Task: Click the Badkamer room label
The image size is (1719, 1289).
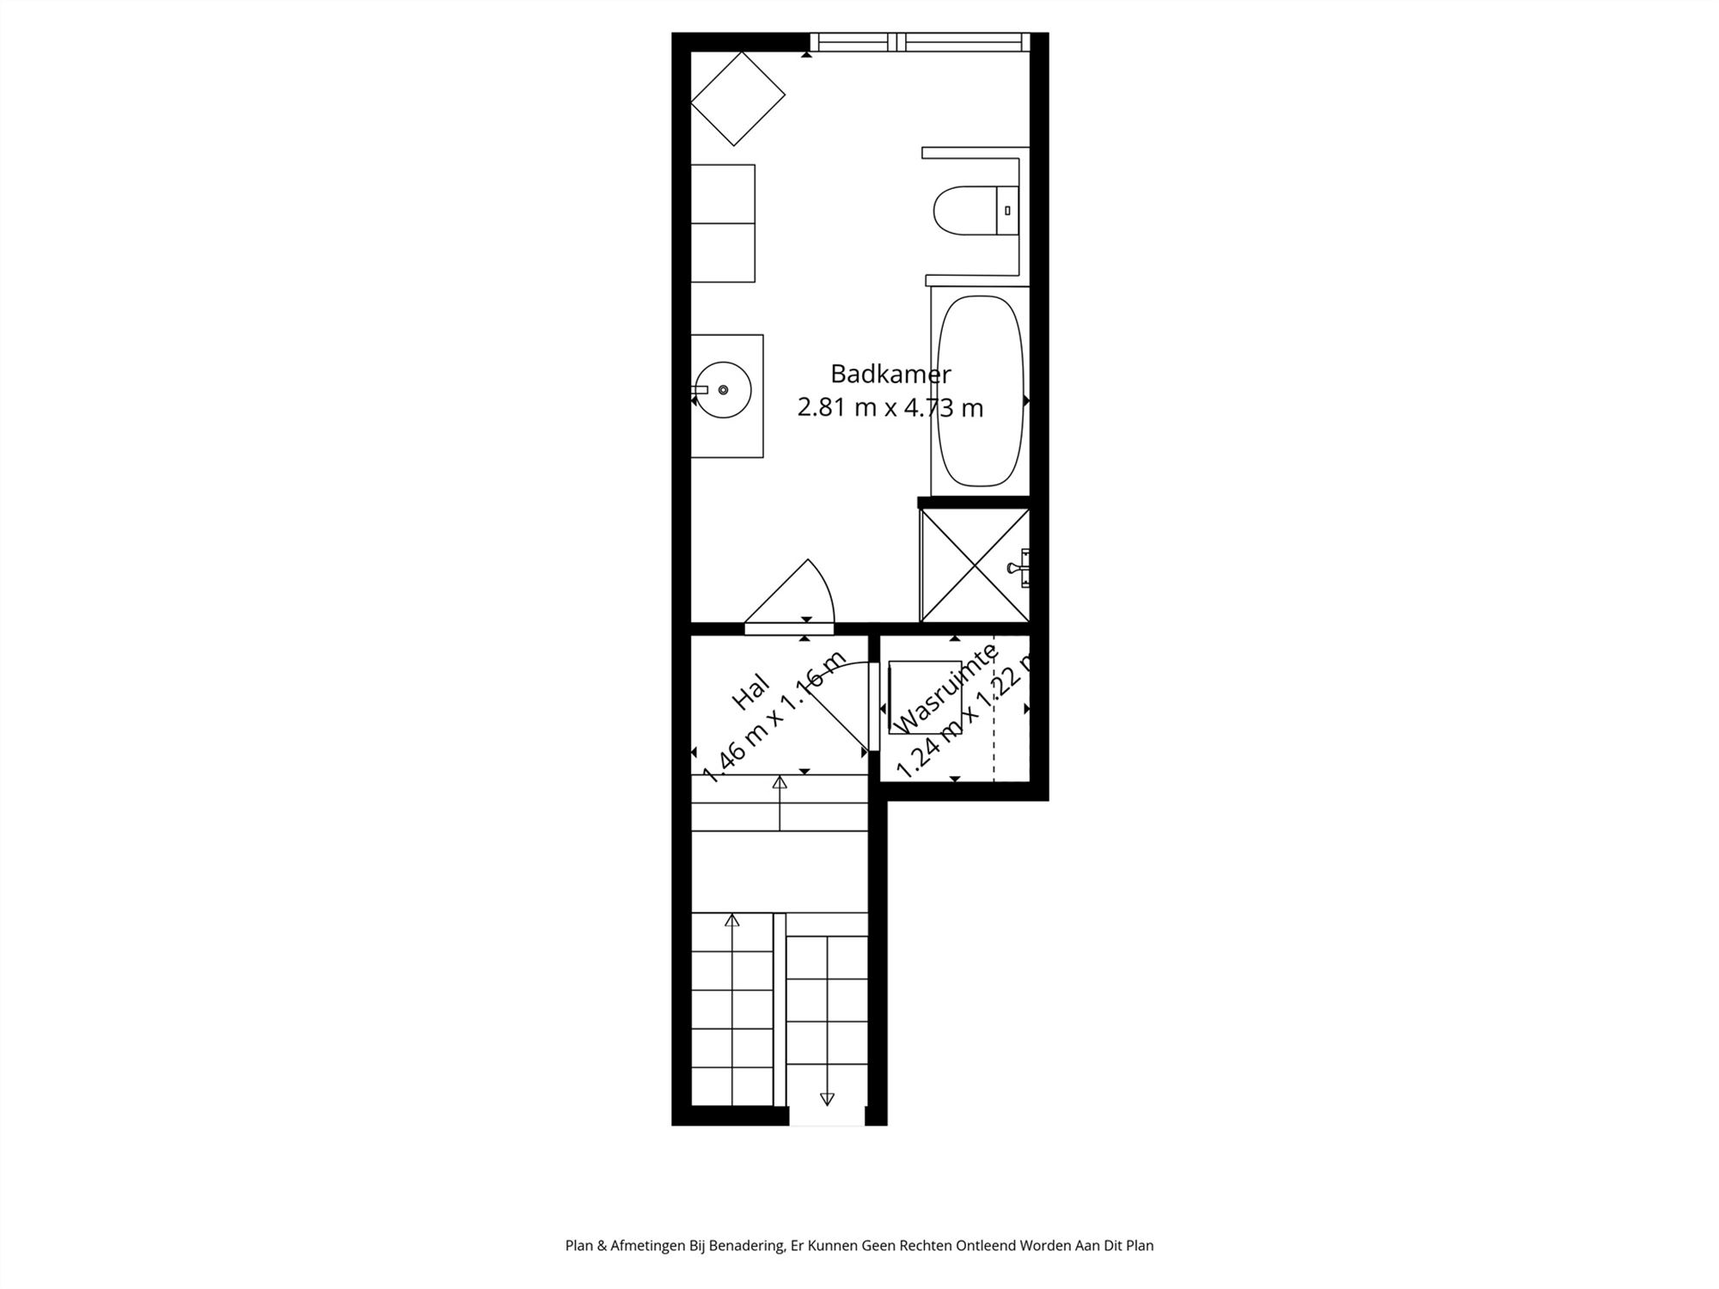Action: pyautogui.click(x=890, y=375)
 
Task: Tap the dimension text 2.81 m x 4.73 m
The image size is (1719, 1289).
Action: pyautogui.click(x=890, y=407)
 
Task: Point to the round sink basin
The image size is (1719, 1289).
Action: pyautogui.click(x=724, y=390)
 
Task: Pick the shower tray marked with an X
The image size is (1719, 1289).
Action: pyautogui.click(x=974, y=565)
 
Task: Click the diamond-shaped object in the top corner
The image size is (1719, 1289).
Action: pyautogui.click(x=737, y=99)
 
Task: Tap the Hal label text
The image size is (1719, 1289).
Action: pyautogui.click(x=749, y=693)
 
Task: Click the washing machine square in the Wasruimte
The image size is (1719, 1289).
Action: pyautogui.click(x=924, y=697)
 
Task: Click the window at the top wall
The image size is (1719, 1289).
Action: pyautogui.click(x=920, y=41)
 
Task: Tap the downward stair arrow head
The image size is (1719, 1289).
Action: pyautogui.click(x=827, y=1098)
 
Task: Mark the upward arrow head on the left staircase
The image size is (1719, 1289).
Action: pyautogui.click(x=731, y=920)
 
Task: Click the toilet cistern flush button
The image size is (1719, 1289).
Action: pyautogui.click(x=1007, y=211)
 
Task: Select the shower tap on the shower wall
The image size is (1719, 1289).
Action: pyautogui.click(x=1020, y=567)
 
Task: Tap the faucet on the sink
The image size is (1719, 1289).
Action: pyautogui.click(x=700, y=390)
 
